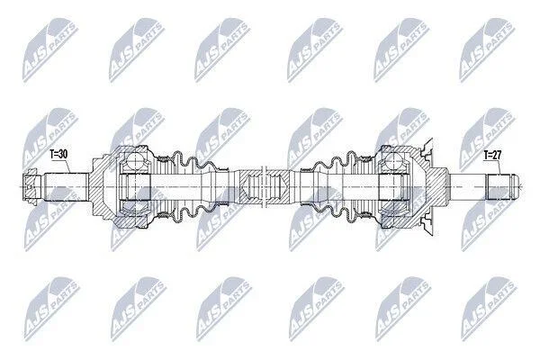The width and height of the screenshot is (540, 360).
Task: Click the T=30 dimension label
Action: pyautogui.click(x=58, y=154)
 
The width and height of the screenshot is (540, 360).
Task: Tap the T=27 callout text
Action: pyautogui.click(x=492, y=155)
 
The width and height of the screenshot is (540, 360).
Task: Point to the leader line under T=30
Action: pyautogui.click(x=65, y=166)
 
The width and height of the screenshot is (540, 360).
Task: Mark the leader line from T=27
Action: pyautogui.click(x=497, y=167)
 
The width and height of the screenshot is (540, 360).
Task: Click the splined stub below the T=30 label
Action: pyautogui.click(x=66, y=186)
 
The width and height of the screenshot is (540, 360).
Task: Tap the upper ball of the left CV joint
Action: pyautogui.click(x=135, y=160)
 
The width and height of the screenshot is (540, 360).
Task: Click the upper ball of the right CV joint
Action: pyautogui.click(x=393, y=160)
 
